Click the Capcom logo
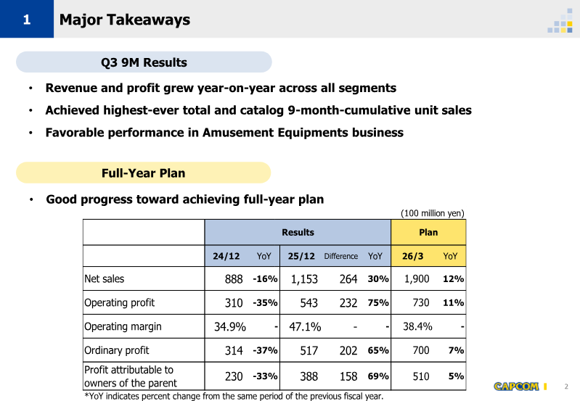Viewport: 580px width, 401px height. tap(516, 386)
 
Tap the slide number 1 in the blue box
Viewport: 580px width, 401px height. tap(26, 20)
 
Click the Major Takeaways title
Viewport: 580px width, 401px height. tap(124, 20)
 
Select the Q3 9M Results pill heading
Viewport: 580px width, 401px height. tap(144, 62)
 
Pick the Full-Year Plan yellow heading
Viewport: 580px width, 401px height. tap(143, 173)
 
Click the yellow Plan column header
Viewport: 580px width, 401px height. tap(428, 232)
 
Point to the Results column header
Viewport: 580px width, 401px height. tap(298, 232)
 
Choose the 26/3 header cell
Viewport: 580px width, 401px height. tap(416, 256)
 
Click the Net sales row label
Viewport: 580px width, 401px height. tap(105, 278)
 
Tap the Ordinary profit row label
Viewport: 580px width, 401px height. tap(117, 350)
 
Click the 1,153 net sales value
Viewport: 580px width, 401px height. tap(304, 279)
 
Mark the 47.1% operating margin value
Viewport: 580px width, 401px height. tap(305, 326)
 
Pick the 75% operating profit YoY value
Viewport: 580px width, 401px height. tap(378, 303)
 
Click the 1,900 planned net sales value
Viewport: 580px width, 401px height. tap(417, 279)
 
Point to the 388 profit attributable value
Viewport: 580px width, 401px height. tap(309, 376)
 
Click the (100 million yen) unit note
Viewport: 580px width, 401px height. tap(433, 213)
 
